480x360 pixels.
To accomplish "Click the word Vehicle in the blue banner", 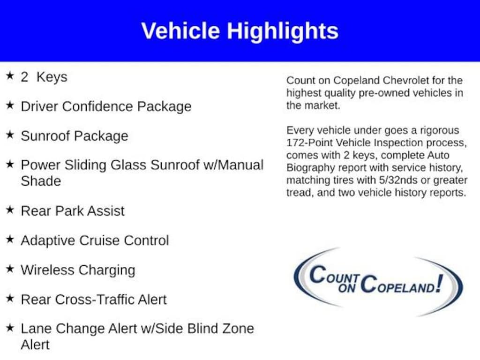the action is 180,30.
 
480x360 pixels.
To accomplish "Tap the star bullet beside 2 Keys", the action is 10,75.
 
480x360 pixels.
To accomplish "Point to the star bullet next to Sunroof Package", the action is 10,134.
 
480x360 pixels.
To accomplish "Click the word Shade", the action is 41,181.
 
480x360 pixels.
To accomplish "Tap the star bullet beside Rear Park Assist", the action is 10,210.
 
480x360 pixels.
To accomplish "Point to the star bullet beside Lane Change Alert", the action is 10,328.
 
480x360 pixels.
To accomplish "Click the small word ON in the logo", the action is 347,288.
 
